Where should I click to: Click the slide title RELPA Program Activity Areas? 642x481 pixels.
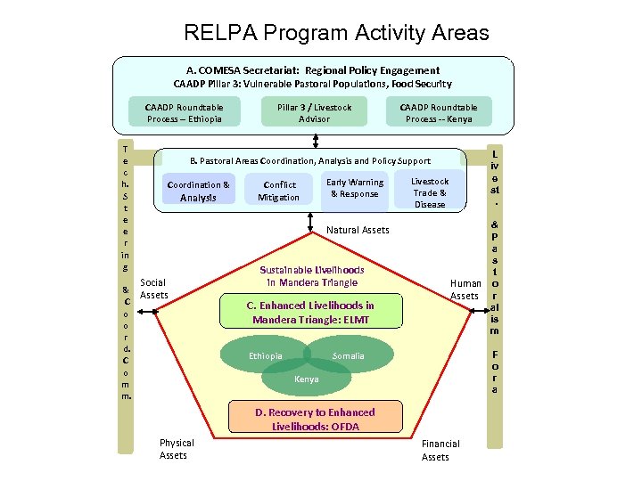coord(336,34)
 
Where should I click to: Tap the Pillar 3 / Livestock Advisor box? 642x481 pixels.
coord(314,112)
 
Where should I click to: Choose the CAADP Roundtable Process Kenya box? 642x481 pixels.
coord(439,112)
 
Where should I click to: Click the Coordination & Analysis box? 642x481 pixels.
coord(198,191)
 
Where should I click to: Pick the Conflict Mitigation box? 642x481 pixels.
coord(278,191)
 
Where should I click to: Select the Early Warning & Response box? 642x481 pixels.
coord(355,188)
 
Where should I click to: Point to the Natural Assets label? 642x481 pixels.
coord(358,230)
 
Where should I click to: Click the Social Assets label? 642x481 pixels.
coord(153,289)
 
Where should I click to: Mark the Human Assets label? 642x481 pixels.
coord(465,289)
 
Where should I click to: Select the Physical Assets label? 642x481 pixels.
coord(176,449)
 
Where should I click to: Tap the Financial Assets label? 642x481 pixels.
coord(440,450)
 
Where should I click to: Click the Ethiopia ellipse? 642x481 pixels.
coord(267,356)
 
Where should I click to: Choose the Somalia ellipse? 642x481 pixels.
coord(351,356)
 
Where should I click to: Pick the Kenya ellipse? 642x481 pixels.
coord(306,379)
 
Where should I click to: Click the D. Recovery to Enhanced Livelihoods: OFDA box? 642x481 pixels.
coord(315,419)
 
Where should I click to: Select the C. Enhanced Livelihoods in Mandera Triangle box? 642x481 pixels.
coord(309,312)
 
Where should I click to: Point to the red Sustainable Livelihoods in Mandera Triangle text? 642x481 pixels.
coord(311,276)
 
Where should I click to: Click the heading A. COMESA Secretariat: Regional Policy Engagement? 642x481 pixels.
coord(312,69)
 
